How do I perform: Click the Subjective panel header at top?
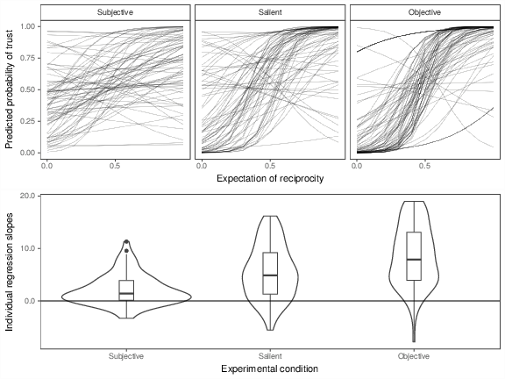[116, 12]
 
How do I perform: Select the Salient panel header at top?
[270, 12]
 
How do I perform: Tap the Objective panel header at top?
[424, 12]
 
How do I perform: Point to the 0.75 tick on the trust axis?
[29, 58]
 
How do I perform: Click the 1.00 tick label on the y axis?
[29, 26]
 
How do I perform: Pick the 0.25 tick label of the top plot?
[29, 121]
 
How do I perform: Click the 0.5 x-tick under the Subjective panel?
[115, 166]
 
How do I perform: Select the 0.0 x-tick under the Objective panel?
[357, 166]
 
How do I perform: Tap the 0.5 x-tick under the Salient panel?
[270, 166]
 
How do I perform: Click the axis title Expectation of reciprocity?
[270, 179]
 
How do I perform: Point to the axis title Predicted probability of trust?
[9, 89]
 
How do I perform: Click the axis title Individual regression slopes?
[9, 272]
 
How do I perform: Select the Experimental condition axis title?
[270, 368]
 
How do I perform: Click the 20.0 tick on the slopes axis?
[31, 196]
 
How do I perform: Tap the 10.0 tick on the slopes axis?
[31, 248]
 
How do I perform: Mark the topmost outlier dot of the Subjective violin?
[126, 242]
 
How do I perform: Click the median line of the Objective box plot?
[414, 259]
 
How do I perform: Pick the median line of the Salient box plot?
[270, 275]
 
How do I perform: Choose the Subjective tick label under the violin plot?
[126, 356]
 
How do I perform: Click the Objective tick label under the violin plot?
[414, 356]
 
